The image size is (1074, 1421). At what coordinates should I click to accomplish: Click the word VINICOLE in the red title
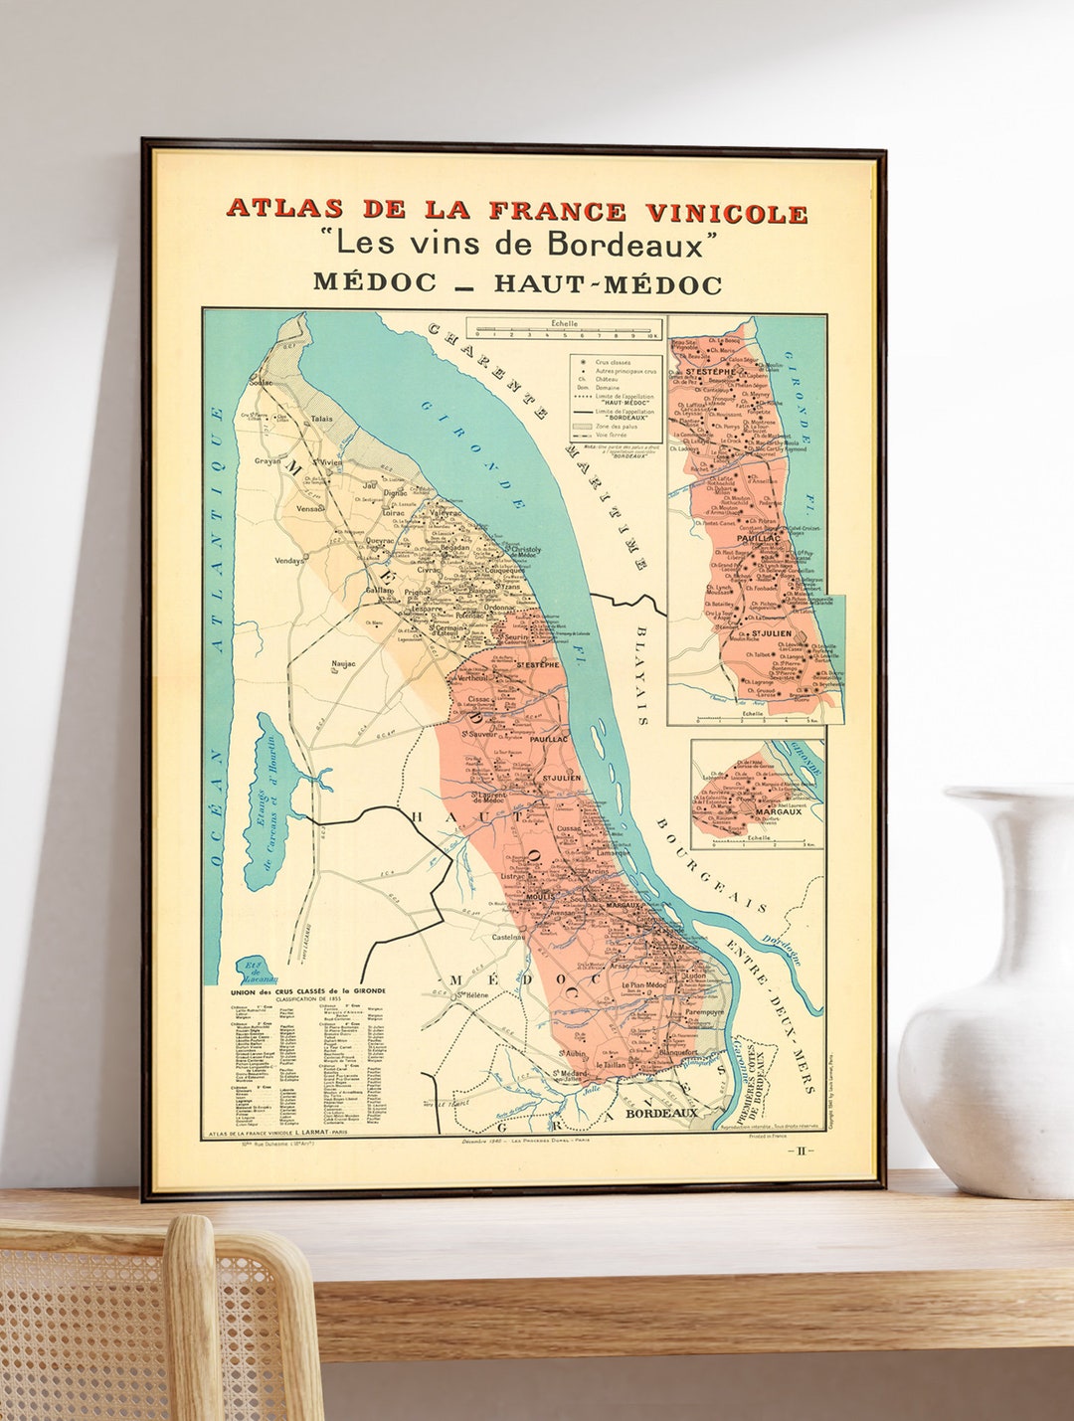point(726,213)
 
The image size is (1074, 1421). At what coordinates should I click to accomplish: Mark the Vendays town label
point(290,561)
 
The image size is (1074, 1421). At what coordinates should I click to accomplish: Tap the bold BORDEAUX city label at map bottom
point(661,1114)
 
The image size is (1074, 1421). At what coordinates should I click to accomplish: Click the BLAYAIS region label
point(641,676)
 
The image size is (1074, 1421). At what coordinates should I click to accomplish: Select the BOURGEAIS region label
point(710,865)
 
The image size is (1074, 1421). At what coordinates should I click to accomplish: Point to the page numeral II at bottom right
point(801,1151)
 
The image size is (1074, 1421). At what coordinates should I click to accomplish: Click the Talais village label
point(321,420)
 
